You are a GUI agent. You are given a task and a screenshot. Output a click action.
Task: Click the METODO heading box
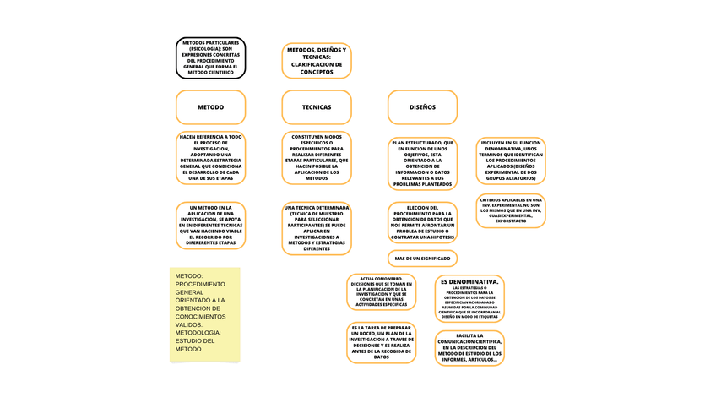tap(210, 107)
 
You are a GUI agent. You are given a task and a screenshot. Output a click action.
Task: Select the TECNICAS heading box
tap(317, 107)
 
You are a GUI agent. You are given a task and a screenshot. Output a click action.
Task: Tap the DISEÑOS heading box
tap(422, 107)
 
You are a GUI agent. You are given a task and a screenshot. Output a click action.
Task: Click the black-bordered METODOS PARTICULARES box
tap(210, 57)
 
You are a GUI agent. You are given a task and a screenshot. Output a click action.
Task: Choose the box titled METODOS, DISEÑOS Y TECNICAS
tap(317, 61)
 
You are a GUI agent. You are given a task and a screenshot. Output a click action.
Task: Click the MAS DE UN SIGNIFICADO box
tap(422, 258)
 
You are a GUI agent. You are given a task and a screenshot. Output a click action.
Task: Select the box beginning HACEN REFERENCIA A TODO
tap(210, 157)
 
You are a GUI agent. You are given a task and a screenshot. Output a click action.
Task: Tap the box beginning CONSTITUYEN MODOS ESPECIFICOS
tap(317, 157)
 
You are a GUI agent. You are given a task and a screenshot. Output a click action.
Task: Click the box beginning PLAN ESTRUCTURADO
tap(422, 164)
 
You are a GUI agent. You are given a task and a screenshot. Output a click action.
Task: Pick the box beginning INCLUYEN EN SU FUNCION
tap(510, 161)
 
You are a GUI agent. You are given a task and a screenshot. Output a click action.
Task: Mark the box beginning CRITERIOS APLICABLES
tap(510, 210)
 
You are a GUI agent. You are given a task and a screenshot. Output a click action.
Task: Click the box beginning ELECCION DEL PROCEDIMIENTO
tap(422, 223)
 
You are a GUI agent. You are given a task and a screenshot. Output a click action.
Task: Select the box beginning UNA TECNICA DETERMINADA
tap(317, 228)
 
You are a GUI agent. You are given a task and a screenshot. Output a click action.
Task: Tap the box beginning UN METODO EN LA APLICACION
tap(210, 226)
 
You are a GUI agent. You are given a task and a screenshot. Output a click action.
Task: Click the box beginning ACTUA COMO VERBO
tap(382, 291)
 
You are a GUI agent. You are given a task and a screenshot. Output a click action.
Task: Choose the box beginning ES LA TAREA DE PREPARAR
tap(382, 341)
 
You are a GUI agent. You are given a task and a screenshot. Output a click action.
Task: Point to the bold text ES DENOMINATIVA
tap(470, 281)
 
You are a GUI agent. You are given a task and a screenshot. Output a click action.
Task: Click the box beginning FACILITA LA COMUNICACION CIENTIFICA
tap(470, 348)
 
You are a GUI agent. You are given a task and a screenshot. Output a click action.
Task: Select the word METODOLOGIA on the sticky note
tap(198, 332)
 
